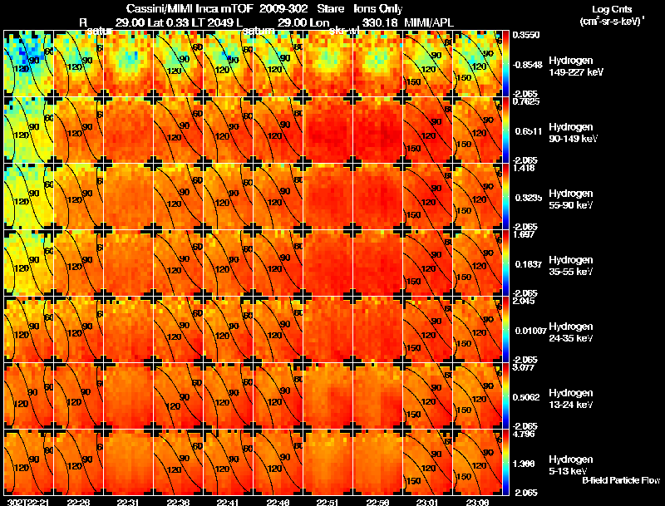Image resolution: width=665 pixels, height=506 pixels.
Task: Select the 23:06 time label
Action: [475, 502]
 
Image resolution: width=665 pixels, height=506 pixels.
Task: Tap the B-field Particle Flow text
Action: [621, 480]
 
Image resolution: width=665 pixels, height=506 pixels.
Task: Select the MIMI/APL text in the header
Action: [428, 21]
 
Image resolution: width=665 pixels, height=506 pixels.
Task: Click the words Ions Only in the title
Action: [366, 8]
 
